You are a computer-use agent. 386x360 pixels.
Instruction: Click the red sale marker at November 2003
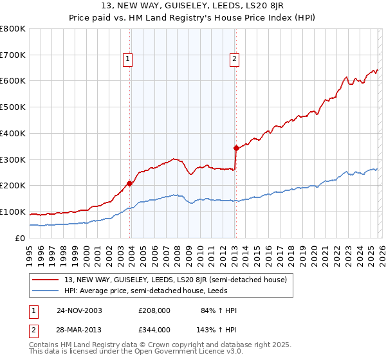click(x=130, y=183)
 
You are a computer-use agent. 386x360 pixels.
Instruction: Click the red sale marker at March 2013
click(x=236, y=148)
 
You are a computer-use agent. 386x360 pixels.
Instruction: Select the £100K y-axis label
click(x=13, y=212)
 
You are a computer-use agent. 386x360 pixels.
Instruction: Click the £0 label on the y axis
click(x=21, y=238)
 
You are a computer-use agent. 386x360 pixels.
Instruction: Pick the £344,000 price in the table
click(x=154, y=329)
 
